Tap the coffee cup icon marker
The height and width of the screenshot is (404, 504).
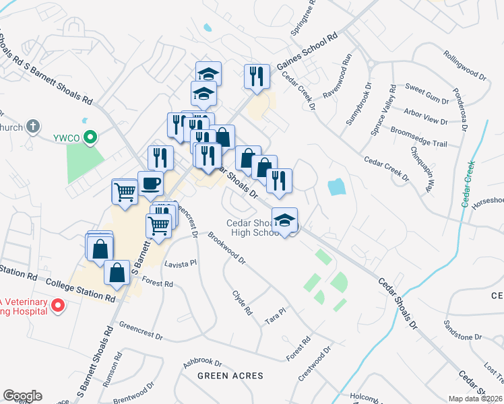tap(150, 182)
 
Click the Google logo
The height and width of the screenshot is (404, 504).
tap(22, 395)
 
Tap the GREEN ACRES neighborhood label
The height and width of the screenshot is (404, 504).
tap(230, 375)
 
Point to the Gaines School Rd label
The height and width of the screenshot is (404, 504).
tap(306, 53)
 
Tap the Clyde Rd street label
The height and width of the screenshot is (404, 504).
tap(242, 303)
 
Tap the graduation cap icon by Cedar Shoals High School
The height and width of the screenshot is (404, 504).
tap(285, 220)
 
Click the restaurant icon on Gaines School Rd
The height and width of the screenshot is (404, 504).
tap(256, 75)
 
